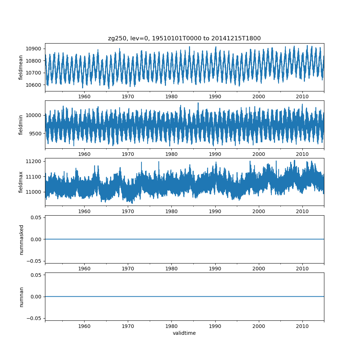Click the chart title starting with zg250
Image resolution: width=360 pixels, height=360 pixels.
click(184, 38)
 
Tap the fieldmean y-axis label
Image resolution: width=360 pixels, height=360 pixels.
click(21, 67)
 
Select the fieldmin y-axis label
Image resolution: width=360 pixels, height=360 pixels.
click(21, 125)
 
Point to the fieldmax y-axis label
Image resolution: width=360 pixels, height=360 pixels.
click(21, 182)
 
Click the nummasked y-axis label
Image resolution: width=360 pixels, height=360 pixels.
click(21, 239)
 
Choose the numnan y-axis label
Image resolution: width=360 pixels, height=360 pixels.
click(21, 297)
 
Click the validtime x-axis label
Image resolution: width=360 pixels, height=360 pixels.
click(184, 333)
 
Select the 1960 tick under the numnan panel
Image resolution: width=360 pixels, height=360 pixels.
click(84, 326)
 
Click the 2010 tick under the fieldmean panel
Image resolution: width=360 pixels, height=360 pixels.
click(302, 96)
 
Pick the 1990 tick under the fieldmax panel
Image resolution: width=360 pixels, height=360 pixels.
click(215, 211)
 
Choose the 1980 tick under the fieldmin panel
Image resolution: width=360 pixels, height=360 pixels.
click(171, 154)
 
